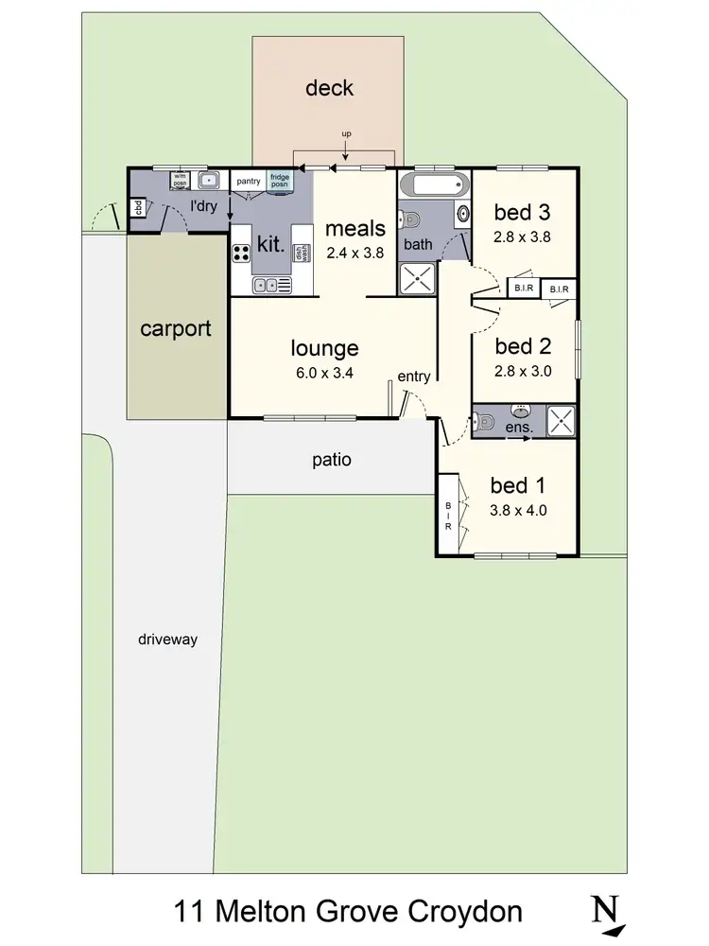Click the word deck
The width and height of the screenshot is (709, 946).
(x=329, y=88)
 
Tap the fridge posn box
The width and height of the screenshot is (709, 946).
(x=280, y=181)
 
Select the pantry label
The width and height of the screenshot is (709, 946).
(x=249, y=181)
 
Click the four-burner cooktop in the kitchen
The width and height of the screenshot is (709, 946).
(x=241, y=253)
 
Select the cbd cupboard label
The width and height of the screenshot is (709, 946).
(x=137, y=208)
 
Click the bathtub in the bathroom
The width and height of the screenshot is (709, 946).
(x=433, y=184)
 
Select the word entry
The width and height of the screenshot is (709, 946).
(x=413, y=377)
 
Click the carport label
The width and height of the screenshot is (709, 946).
(x=175, y=329)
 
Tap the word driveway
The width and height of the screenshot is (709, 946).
(x=166, y=639)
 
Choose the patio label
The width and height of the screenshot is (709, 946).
(x=331, y=461)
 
